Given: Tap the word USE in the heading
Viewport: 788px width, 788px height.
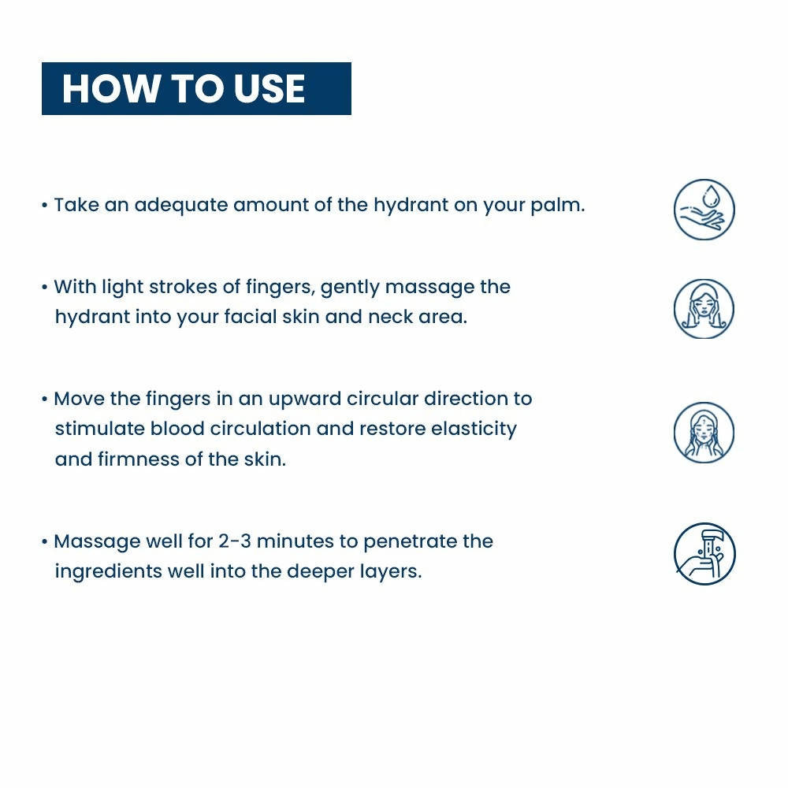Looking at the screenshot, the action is [x=269, y=88].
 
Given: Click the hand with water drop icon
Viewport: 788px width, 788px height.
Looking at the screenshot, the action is [x=704, y=209].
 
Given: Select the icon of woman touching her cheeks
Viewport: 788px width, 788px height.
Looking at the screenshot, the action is [x=704, y=309].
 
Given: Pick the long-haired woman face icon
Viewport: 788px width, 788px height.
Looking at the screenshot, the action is [x=704, y=432].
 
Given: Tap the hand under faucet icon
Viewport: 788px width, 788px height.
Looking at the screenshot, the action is [x=704, y=554].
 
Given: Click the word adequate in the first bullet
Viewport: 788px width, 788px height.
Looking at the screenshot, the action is [x=181, y=206].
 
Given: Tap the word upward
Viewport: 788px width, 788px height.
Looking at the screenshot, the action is [x=305, y=400].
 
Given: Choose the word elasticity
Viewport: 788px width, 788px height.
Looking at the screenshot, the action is [x=474, y=429].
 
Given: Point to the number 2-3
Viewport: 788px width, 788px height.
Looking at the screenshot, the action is [x=235, y=542].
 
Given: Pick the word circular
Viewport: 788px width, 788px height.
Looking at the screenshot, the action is [x=383, y=399].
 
